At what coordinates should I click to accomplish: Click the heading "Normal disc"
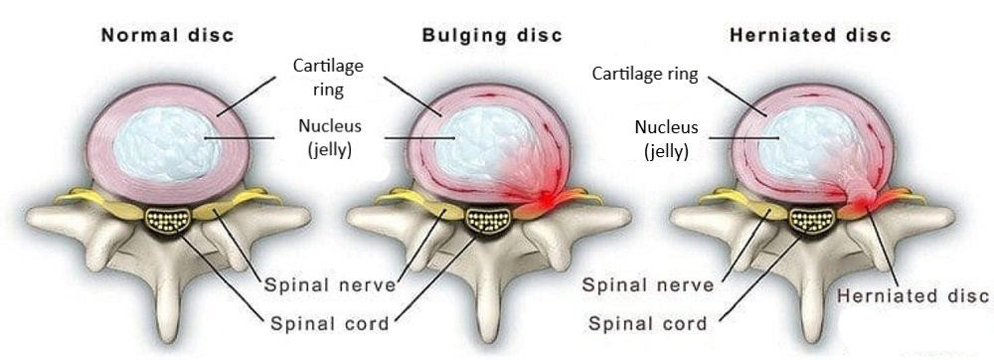tap(168, 36)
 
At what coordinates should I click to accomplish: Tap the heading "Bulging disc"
tap(492, 36)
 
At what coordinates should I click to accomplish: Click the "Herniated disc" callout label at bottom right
tap(913, 296)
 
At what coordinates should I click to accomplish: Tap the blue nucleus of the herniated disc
tap(794, 139)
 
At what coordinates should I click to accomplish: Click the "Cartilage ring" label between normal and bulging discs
tap(328, 77)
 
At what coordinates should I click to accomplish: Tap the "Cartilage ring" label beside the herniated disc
tap(645, 75)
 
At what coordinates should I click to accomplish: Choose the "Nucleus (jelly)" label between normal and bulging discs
tap(328, 139)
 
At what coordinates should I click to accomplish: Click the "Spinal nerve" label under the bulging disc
tap(330, 285)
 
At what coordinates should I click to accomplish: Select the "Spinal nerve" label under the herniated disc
tap(648, 285)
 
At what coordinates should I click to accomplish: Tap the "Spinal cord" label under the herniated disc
tap(648, 323)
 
